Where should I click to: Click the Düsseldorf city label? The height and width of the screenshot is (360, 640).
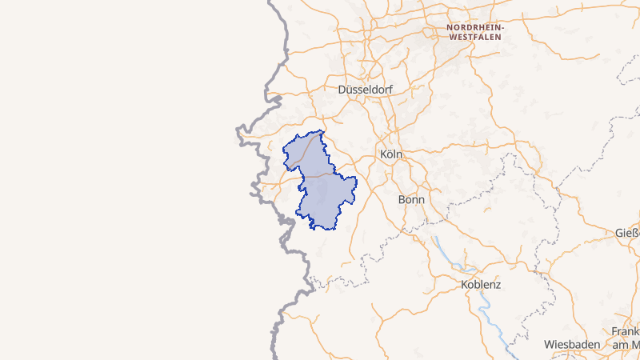[x=366, y=90]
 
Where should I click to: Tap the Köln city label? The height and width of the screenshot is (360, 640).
[x=391, y=154]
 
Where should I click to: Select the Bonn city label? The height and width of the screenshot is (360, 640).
[x=411, y=198]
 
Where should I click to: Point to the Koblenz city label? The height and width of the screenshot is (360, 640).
[x=481, y=284]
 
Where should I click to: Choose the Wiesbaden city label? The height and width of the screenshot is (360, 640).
[x=572, y=344]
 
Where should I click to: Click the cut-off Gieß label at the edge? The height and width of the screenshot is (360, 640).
[x=626, y=234]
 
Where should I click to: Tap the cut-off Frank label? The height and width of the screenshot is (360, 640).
[x=625, y=331]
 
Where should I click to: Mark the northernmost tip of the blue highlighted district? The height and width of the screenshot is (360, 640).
[x=322, y=130]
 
